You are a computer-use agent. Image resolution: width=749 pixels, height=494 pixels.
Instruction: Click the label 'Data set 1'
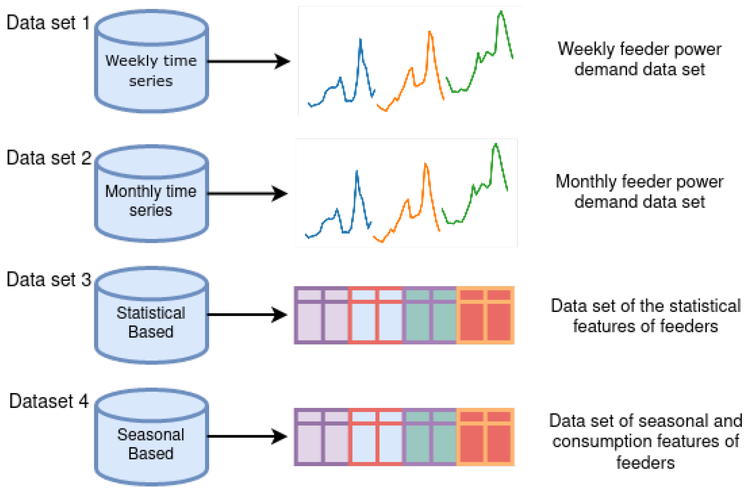(x=48, y=23)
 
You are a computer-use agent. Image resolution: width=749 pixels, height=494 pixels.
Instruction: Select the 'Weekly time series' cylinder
(x=151, y=71)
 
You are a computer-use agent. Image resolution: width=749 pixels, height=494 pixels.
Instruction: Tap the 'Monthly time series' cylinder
(x=151, y=201)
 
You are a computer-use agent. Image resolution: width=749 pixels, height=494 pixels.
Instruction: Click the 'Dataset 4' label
(x=49, y=402)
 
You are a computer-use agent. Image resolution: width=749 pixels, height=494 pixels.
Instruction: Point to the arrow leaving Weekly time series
(x=248, y=61)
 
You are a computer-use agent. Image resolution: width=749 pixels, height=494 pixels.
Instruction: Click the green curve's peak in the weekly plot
(x=501, y=12)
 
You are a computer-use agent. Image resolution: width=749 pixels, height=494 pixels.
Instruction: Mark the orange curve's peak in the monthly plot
(x=425, y=164)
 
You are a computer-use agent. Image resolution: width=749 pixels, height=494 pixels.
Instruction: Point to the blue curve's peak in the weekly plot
(x=360, y=39)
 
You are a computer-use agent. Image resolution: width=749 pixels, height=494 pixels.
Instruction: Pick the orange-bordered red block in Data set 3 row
(x=485, y=315)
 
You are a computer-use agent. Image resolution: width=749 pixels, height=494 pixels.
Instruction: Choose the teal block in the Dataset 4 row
(x=430, y=437)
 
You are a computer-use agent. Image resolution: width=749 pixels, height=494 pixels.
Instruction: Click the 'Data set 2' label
(x=49, y=158)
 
